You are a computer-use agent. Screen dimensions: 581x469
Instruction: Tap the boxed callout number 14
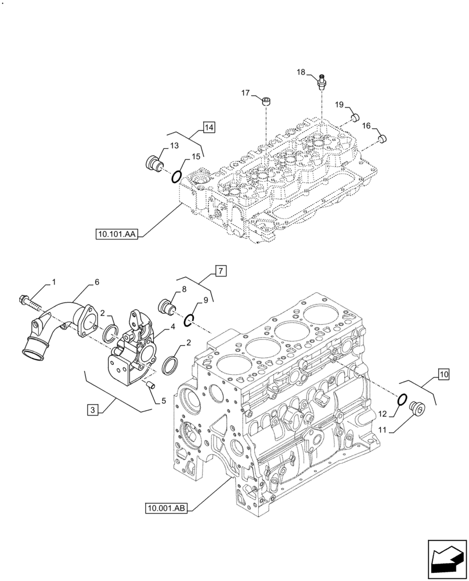pyautogui.click(x=209, y=127)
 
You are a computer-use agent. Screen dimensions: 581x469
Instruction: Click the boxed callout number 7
pyautogui.click(x=221, y=271)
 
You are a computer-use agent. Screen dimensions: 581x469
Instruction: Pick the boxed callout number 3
pyautogui.click(x=93, y=410)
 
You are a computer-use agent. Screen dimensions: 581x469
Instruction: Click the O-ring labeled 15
pyautogui.click(x=178, y=175)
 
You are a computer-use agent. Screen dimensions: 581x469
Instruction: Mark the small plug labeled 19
pyautogui.click(x=352, y=119)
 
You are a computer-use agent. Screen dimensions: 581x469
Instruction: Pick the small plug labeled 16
pyautogui.click(x=381, y=138)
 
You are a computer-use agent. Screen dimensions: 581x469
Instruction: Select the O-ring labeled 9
pyautogui.click(x=190, y=320)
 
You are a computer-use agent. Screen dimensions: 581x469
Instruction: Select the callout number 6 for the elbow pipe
pyautogui.click(x=96, y=282)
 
